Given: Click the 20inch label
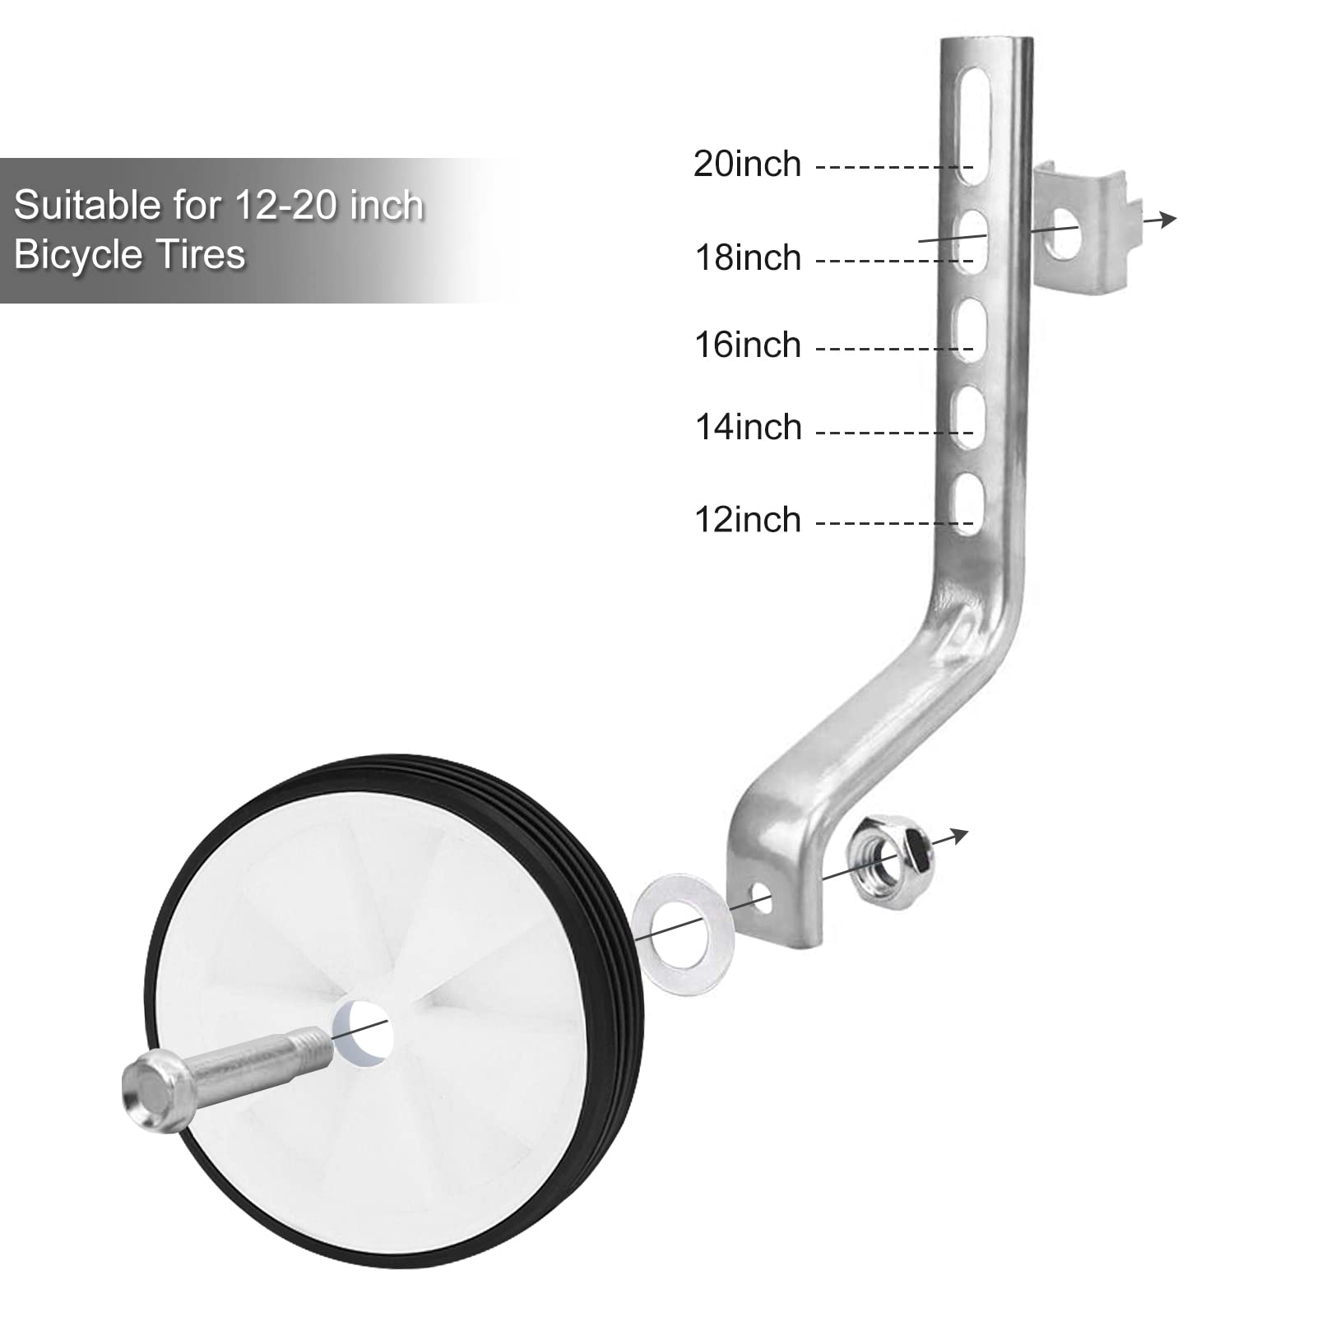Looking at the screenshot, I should click(x=747, y=165).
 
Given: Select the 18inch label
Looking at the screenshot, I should click(x=748, y=258).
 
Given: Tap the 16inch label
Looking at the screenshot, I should click(x=748, y=345).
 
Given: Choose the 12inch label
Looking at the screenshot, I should click(x=748, y=520).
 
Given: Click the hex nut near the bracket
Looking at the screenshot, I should click(x=893, y=860).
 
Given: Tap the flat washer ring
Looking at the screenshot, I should click(x=680, y=934).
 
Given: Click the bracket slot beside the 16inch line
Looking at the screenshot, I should click(x=972, y=329).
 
